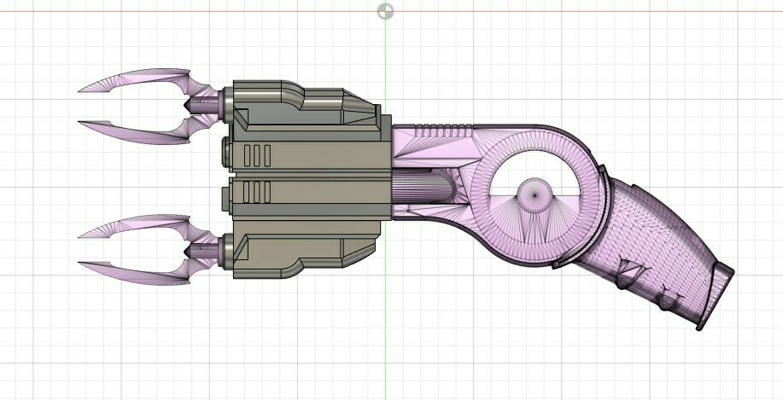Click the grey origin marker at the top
(x=386, y=11)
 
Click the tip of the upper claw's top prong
(x=80, y=89)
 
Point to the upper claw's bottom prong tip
(x=80, y=123)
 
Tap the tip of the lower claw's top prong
(x=80, y=235)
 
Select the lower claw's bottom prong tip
(x=80, y=262)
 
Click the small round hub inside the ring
(x=535, y=194)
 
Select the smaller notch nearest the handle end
(x=666, y=299)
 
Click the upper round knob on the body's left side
(x=226, y=152)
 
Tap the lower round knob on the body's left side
(x=226, y=198)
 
